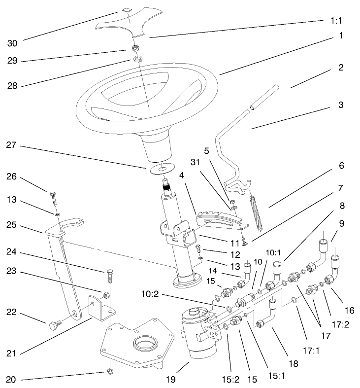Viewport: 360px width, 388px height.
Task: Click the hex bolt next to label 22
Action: point(54,326)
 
